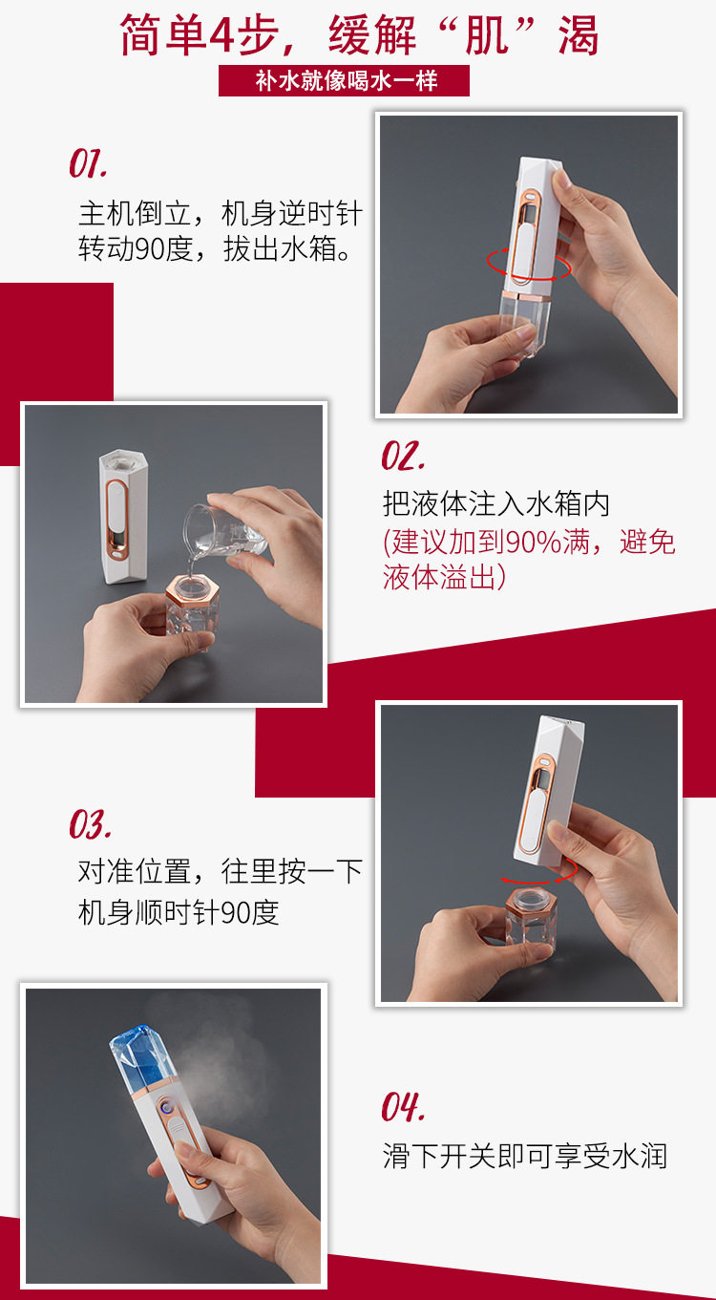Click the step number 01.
point(88,163)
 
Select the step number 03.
point(90,824)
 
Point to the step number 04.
point(403,1107)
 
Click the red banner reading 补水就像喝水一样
point(344,80)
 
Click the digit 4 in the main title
point(221,36)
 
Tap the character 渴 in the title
point(578,35)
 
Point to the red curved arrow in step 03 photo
point(539,872)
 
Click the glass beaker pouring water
point(226,531)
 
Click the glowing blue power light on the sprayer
point(166,1108)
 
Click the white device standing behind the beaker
point(123,516)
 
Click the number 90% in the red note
point(535,542)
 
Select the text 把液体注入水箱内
point(496,503)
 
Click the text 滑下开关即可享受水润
point(524,1156)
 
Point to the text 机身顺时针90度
point(179,913)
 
